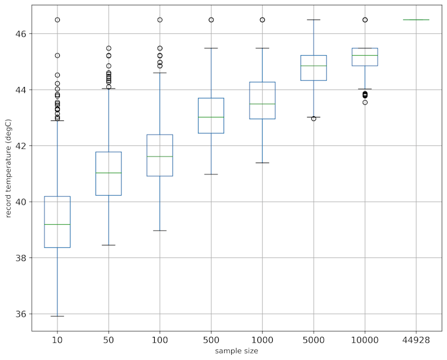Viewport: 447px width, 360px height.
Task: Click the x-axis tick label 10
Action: (58, 340)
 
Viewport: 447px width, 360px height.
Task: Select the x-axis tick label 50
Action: (108, 340)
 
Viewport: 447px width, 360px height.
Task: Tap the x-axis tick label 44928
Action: (416, 340)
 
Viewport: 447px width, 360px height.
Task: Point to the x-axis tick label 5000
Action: (314, 340)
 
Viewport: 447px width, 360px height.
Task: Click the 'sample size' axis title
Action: (237, 352)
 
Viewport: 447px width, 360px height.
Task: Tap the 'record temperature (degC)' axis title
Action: (8, 168)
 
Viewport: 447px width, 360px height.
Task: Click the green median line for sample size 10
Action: (58, 224)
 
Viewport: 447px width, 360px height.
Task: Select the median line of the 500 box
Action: (211, 117)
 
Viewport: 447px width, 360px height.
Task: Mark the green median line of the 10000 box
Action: (365, 55)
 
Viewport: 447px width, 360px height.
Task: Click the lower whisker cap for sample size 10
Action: (58, 316)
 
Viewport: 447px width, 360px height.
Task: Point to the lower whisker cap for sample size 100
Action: (160, 230)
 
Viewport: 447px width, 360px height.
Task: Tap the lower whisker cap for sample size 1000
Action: (262, 163)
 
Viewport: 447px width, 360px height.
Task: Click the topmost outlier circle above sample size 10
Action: (58, 20)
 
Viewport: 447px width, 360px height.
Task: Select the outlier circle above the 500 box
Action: (211, 20)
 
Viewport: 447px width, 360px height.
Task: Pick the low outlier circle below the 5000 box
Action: (314, 119)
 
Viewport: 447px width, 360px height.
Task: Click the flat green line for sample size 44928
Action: (416, 20)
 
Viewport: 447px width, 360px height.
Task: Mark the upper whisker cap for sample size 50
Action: (108, 88)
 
